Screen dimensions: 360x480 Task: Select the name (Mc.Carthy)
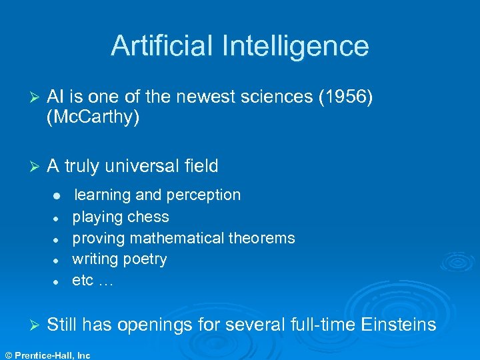point(93,119)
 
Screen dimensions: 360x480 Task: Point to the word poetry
point(145,259)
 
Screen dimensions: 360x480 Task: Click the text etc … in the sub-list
point(93,281)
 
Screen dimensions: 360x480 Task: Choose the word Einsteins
point(399,325)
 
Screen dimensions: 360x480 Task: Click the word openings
point(156,326)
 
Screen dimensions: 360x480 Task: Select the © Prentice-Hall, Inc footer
point(46,355)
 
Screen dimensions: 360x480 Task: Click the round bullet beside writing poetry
point(58,260)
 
